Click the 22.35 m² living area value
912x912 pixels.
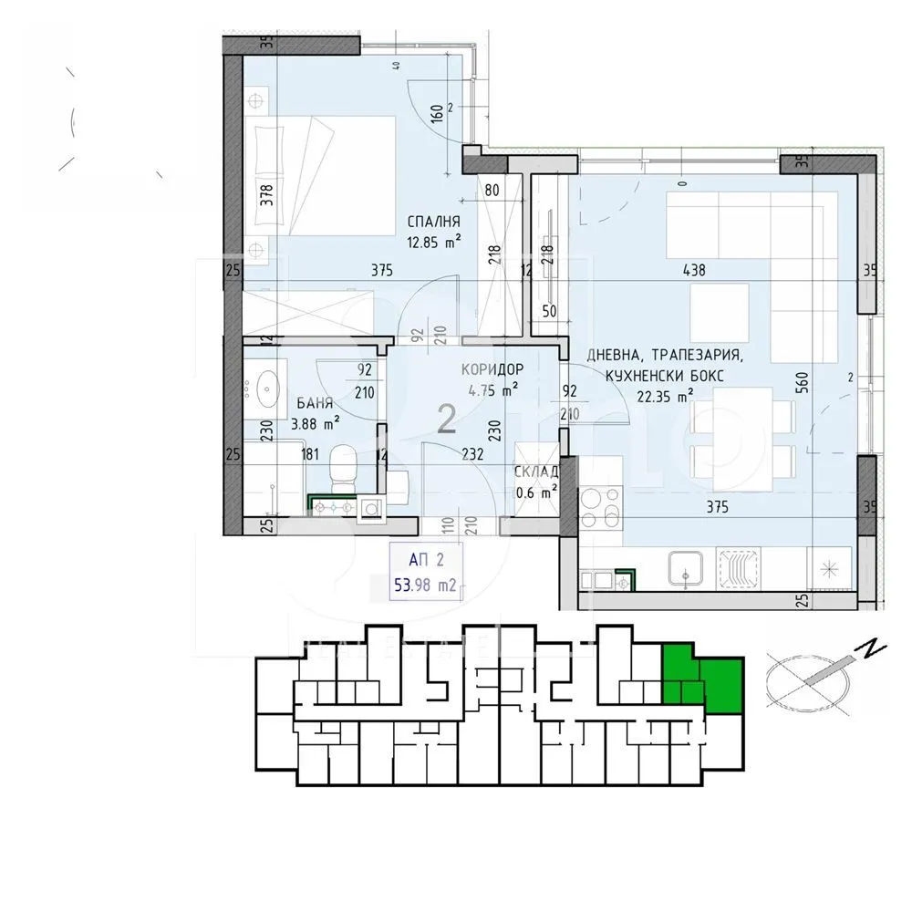click(x=665, y=395)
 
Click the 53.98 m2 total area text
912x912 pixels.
click(x=424, y=585)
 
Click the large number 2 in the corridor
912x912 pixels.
click(x=447, y=419)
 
